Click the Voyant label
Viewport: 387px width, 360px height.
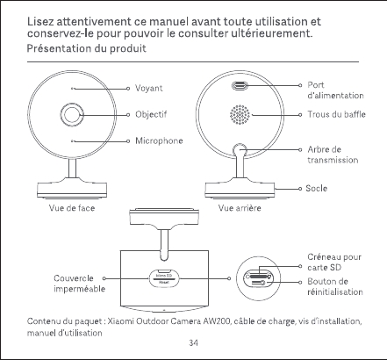tap(148, 88)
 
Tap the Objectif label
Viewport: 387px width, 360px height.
tap(151, 114)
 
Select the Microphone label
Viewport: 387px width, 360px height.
tap(159, 140)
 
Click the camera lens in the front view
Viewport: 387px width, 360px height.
tap(72, 114)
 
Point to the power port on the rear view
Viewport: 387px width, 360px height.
tap(240, 86)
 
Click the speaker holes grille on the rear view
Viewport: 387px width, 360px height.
tap(240, 114)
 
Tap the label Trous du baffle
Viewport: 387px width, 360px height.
tap(336, 114)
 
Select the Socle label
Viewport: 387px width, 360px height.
tap(316, 188)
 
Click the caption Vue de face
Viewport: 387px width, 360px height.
tap(72, 208)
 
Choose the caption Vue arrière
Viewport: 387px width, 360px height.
tap(240, 208)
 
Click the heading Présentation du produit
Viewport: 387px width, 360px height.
tap(87, 48)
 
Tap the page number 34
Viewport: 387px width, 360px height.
tap(193, 342)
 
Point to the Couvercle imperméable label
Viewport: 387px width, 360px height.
tap(79, 284)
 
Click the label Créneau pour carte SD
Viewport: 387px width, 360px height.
tap(334, 263)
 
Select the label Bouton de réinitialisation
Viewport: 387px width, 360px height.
tap(335, 286)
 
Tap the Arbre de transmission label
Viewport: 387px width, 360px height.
tap(333, 155)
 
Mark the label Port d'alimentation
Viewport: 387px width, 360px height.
tap(335, 90)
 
